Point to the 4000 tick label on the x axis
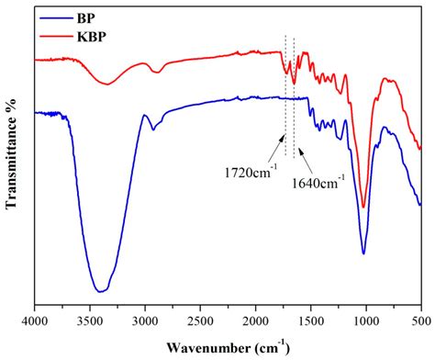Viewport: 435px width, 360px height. coord(35,323)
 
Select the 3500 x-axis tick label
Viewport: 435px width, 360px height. coord(90,323)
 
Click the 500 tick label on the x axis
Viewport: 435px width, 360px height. coord(419,323)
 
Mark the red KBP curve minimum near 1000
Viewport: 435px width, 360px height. coord(364,208)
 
